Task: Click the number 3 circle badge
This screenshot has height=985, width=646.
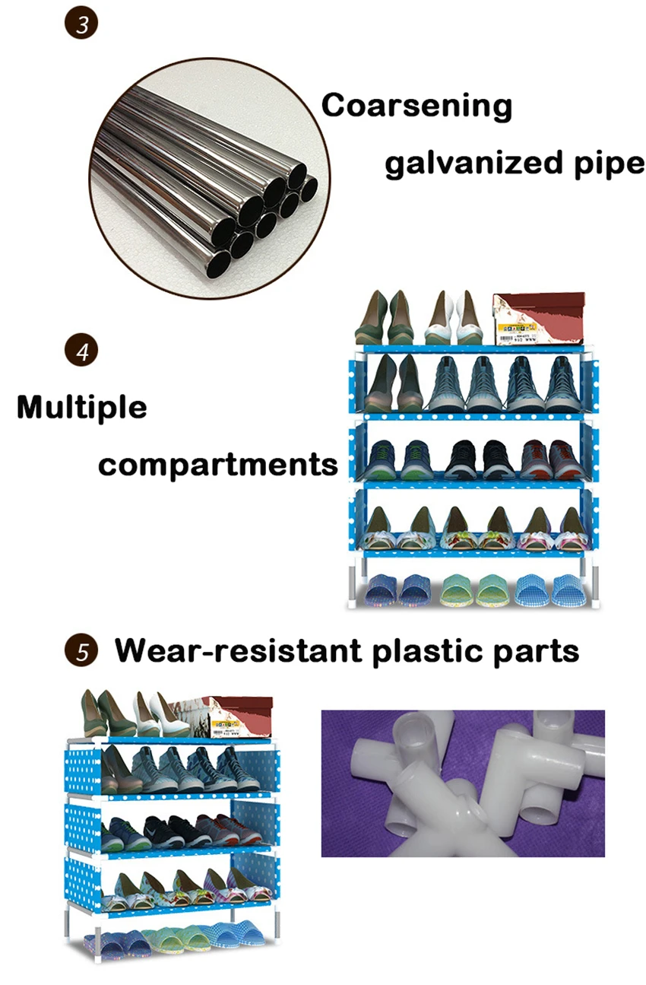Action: point(81,23)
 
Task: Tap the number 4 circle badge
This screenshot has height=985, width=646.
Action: point(81,351)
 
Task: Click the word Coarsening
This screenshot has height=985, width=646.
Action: point(416,106)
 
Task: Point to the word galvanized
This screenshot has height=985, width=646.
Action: point(474,164)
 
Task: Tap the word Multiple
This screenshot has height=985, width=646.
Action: point(82,408)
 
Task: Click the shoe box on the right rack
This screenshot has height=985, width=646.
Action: point(539,319)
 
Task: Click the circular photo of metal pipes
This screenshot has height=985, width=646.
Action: point(210,178)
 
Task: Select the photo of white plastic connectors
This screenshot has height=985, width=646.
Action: point(463,783)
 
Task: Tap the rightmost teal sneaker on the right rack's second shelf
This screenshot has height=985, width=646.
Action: point(563,384)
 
